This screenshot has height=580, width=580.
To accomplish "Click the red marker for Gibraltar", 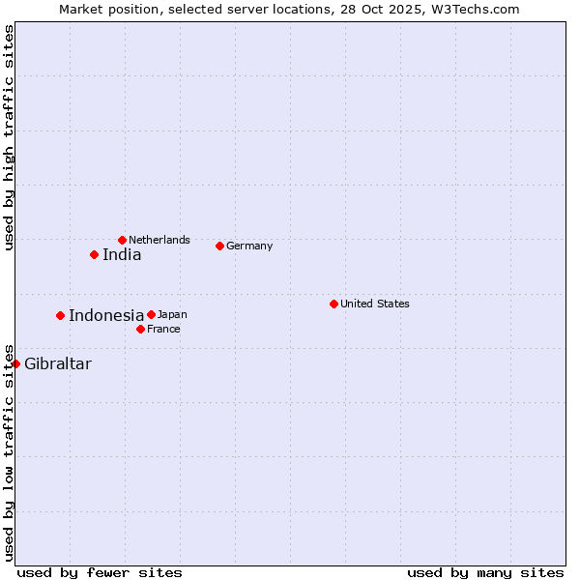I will point(16,363).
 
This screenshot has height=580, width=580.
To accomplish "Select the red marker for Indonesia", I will point(60,315).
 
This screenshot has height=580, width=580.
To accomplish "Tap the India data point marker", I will point(94,254).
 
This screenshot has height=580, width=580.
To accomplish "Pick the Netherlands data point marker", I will point(122,240).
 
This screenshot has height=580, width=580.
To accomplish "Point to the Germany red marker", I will point(219,246).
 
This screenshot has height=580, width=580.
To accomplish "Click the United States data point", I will point(333,304).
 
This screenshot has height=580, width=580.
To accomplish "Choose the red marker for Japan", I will point(151,314).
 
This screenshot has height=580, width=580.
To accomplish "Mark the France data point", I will point(140,329).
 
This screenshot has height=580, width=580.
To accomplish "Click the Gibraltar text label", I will point(58,364).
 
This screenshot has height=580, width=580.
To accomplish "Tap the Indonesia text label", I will point(106,315).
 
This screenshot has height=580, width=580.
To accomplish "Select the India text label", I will point(122,255).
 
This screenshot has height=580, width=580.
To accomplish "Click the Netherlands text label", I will point(159,240).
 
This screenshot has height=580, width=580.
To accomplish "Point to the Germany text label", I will point(249,246).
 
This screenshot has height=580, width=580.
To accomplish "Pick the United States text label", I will point(375,304).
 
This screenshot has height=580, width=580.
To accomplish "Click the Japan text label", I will point(172,314).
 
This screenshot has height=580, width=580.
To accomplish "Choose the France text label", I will point(163,329).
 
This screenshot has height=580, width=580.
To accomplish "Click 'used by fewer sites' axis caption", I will point(100,572).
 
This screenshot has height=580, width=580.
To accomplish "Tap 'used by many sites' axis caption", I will point(485,572).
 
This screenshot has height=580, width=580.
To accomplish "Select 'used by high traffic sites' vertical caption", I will point(10,138).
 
